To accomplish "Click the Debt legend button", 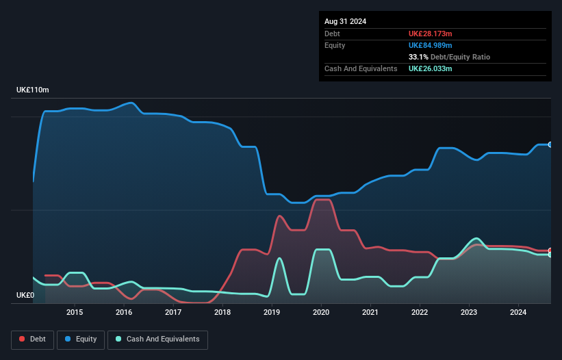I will (31, 339).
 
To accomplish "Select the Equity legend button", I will (81, 339).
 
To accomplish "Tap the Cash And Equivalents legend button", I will (157, 339).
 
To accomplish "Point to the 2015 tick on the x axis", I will (75, 313).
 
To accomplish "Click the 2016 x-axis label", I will (124, 313).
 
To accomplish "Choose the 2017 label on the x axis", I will (173, 313).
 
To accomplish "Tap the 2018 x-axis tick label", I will (222, 313).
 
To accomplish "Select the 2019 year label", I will (272, 313).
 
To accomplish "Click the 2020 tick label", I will (321, 313).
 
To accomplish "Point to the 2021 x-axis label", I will (370, 313).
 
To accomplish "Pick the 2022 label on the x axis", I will (420, 313).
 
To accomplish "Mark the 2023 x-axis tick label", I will (469, 313).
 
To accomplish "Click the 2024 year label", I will (518, 313).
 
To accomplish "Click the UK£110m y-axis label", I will (33, 90).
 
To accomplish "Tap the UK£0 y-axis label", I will (25, 296).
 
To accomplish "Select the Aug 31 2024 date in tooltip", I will (345, 21).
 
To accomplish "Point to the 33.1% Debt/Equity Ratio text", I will (449, 57).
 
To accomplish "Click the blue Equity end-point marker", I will (550, 144).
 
